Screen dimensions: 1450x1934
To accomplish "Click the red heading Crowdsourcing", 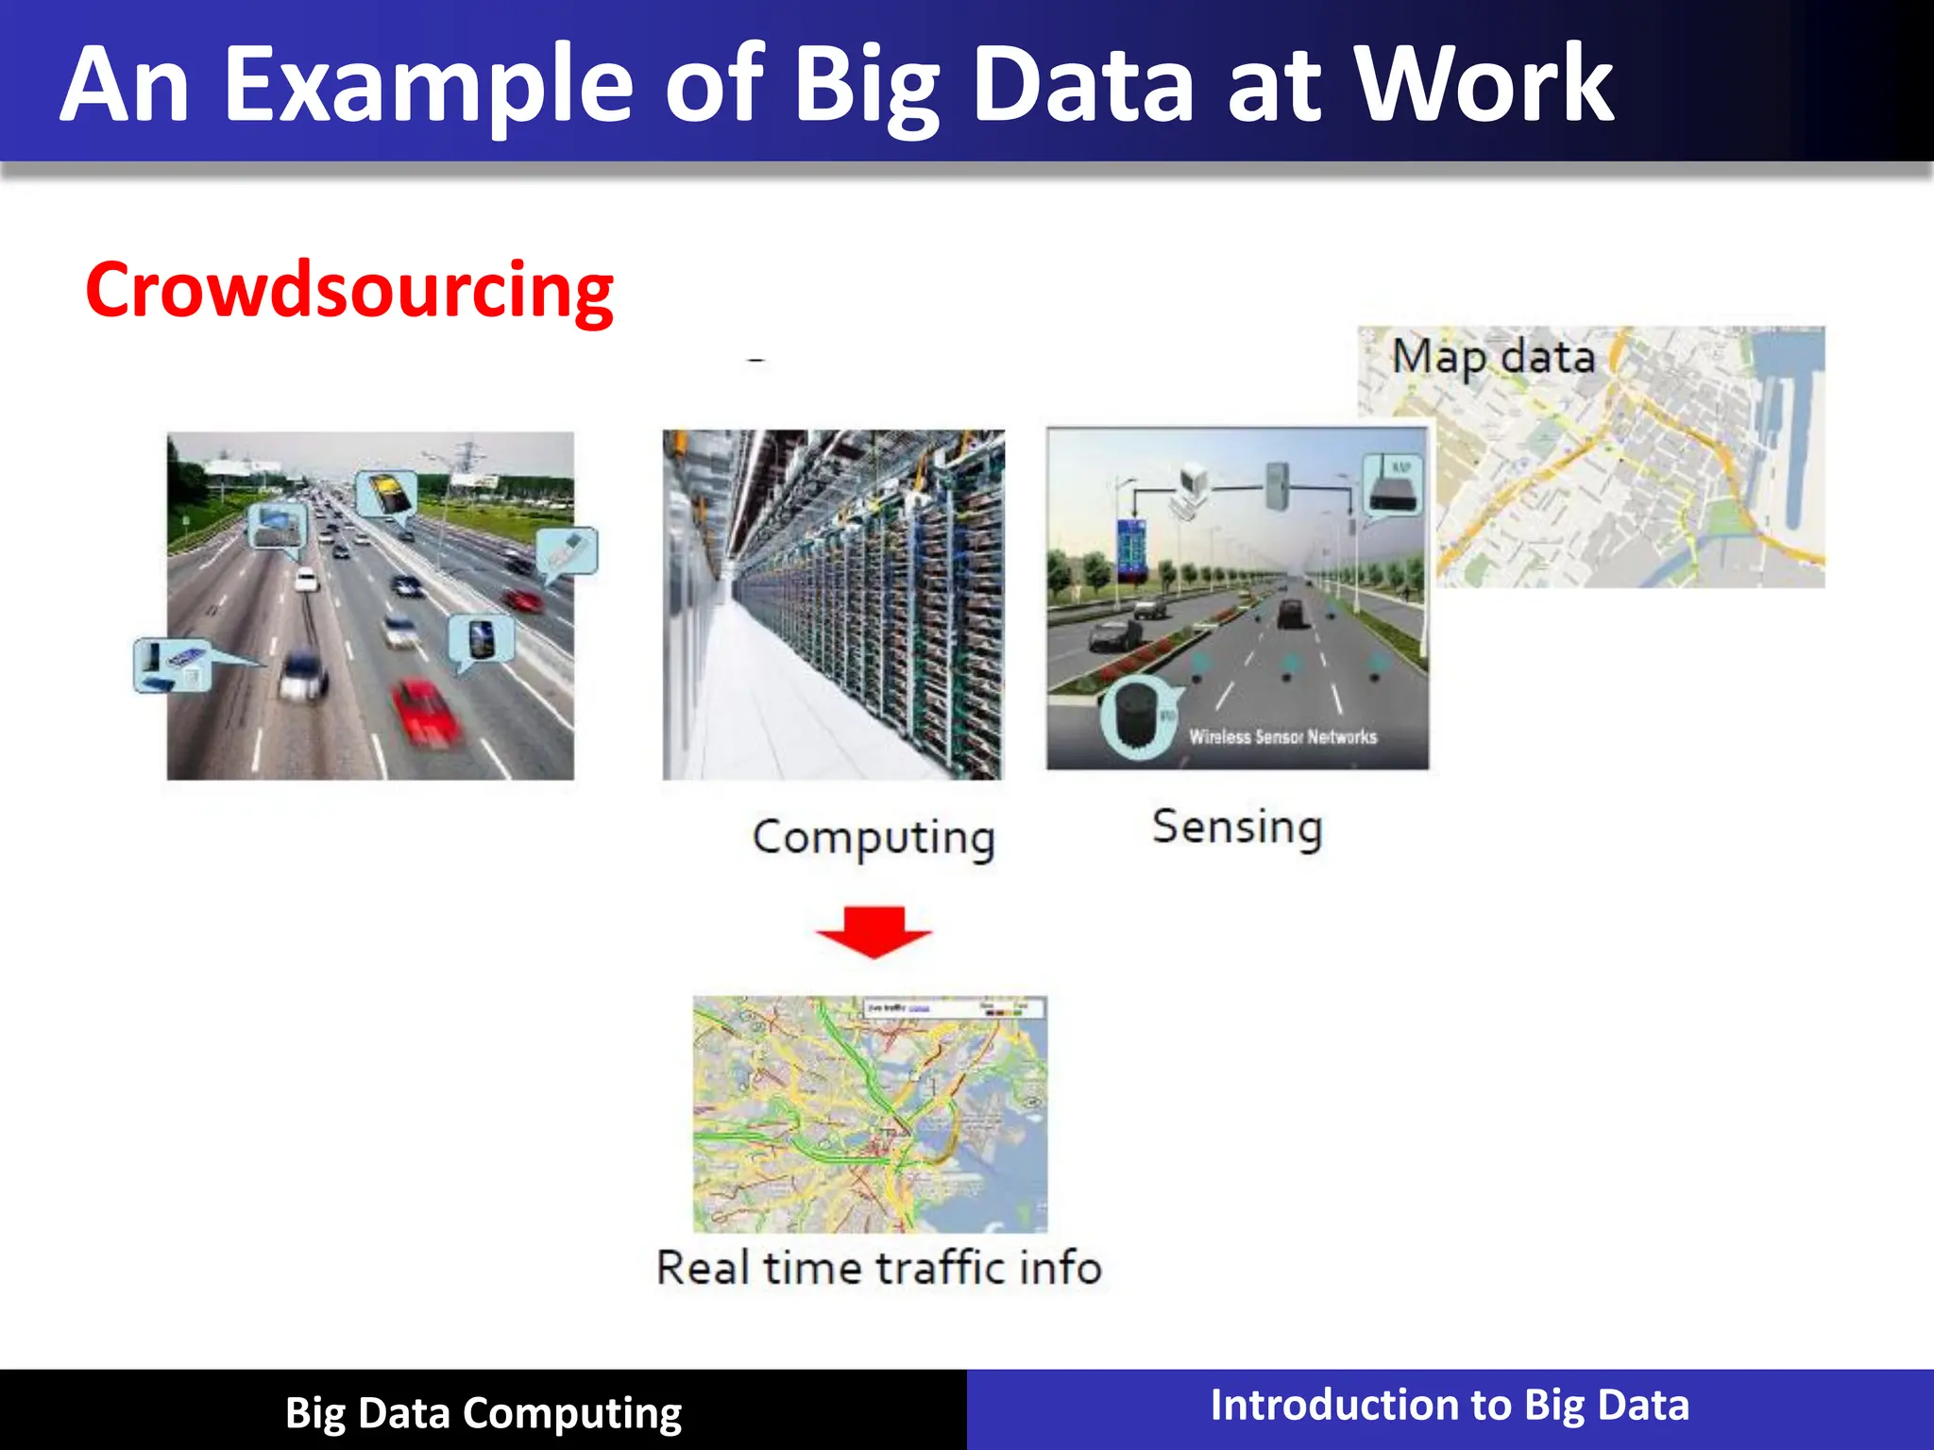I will pyautogui.click(x=349, y=291).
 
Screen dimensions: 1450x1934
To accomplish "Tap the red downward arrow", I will pyautogui.click(x=874, y=931).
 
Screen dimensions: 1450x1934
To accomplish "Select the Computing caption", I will pyautogui.click(x=874, y=837).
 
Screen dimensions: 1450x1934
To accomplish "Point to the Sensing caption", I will pyautogui.click(x=1237, y=828).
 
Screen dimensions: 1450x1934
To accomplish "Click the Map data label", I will pyautogui.click(x=1493, y=358).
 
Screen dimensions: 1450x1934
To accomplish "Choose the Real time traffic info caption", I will pyautogui.click(x=879, y=1268).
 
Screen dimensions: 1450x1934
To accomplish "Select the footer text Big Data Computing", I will pyautogui.click(x=483, y=1413).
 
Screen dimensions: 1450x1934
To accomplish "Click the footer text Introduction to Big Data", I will pyautogui.click(x=1450, y=1406).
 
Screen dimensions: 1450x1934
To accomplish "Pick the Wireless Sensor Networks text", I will pyautogui.click(x=1282, y=737).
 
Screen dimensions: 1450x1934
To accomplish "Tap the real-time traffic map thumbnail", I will pyautogui.click(x=870, y=1114).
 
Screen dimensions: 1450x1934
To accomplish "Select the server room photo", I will pyautogui.click(x=833, y=605).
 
